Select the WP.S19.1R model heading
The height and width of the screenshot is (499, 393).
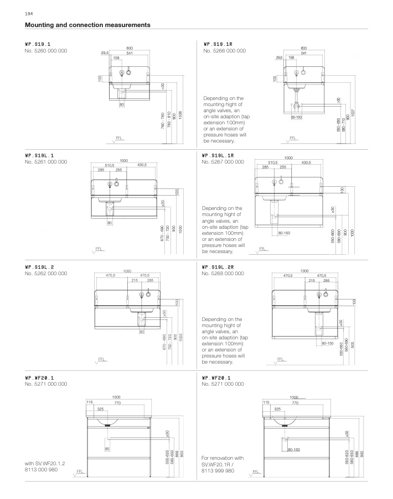point(219,43)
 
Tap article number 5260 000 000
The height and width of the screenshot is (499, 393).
point(46,51)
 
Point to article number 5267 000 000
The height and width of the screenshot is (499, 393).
point(224,162)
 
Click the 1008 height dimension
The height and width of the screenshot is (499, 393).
point(180,117)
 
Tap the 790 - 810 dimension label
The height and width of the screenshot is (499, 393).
point(168,120)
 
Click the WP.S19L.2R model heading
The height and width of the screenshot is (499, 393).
point(219,266)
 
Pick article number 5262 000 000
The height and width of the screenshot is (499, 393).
point(46,273)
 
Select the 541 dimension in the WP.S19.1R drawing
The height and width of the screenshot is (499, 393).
point(304,53)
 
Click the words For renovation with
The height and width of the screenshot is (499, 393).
point(223,458)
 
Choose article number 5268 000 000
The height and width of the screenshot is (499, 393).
point(224,273)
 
